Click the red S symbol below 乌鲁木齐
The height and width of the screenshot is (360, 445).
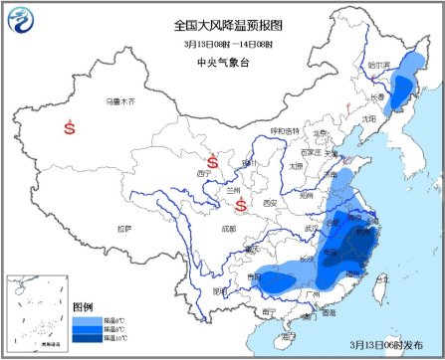tap(70, 127)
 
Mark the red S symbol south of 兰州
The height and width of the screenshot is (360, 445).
tap(241, 206)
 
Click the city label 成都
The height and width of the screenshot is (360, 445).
tap(229, 229)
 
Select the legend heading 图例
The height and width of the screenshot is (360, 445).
tap(83, 306)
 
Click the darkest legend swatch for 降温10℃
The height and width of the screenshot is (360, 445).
tap(87, 338)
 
